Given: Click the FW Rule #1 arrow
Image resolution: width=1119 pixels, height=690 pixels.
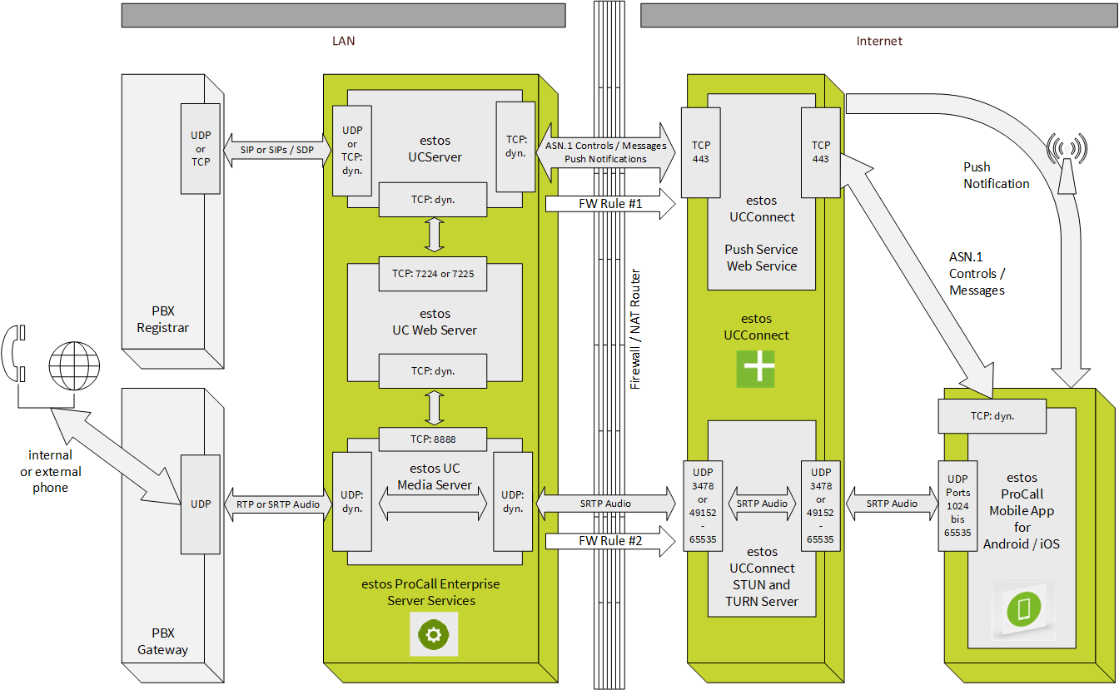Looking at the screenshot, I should coord(610,205).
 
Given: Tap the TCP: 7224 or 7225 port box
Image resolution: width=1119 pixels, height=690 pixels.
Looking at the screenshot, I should coord(433,274).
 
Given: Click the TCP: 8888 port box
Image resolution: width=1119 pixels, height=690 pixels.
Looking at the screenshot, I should coord(433,439).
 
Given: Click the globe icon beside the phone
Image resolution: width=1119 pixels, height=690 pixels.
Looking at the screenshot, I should coord(74,365).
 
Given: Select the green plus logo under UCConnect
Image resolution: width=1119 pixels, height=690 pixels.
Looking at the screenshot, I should coord(755,369).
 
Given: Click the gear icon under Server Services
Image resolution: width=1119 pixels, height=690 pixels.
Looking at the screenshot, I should coord(433,634).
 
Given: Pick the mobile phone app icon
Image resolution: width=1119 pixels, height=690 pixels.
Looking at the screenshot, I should coord(1022,610).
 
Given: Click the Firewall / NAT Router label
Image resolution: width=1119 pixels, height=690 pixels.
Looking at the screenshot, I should coord(636,330).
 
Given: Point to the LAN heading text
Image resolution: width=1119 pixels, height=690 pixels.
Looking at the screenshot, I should coord(343,41).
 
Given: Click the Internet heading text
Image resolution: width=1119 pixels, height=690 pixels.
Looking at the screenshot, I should coord(879,41).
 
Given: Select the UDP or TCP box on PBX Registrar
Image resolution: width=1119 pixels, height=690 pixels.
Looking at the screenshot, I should coord(201,149).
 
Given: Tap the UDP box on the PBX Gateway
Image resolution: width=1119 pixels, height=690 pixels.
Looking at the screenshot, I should coord(201,504).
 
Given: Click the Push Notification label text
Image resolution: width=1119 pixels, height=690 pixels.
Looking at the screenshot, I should coord(996,176).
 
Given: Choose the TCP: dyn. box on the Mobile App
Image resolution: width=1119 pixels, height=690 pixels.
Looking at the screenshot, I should coord(992,416).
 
